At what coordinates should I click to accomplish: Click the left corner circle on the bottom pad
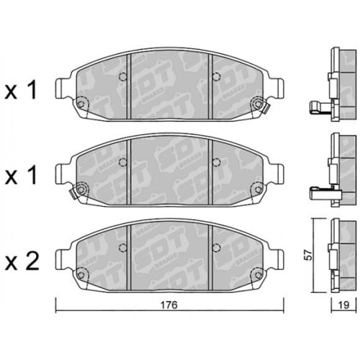(x=82, y=273)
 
